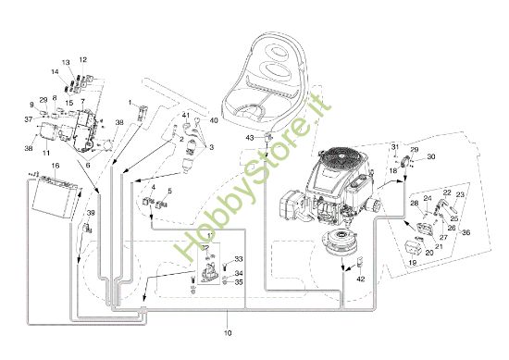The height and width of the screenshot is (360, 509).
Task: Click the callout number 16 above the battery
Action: click(56, 165)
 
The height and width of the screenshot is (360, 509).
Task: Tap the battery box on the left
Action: click(52, 193)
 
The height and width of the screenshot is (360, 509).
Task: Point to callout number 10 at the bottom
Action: click(229, 331)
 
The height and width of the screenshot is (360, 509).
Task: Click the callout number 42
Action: click(361, 279)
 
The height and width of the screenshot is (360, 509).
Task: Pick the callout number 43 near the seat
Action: click(250, 137)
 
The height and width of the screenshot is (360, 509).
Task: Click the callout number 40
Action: click(215, 119)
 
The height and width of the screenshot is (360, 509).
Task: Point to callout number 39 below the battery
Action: click(91, 214)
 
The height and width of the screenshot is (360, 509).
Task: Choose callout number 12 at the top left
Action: click(82, 59)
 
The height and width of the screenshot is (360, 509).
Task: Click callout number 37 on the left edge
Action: click(28, 119)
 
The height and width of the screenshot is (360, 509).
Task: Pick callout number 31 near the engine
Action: click(394, 147)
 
